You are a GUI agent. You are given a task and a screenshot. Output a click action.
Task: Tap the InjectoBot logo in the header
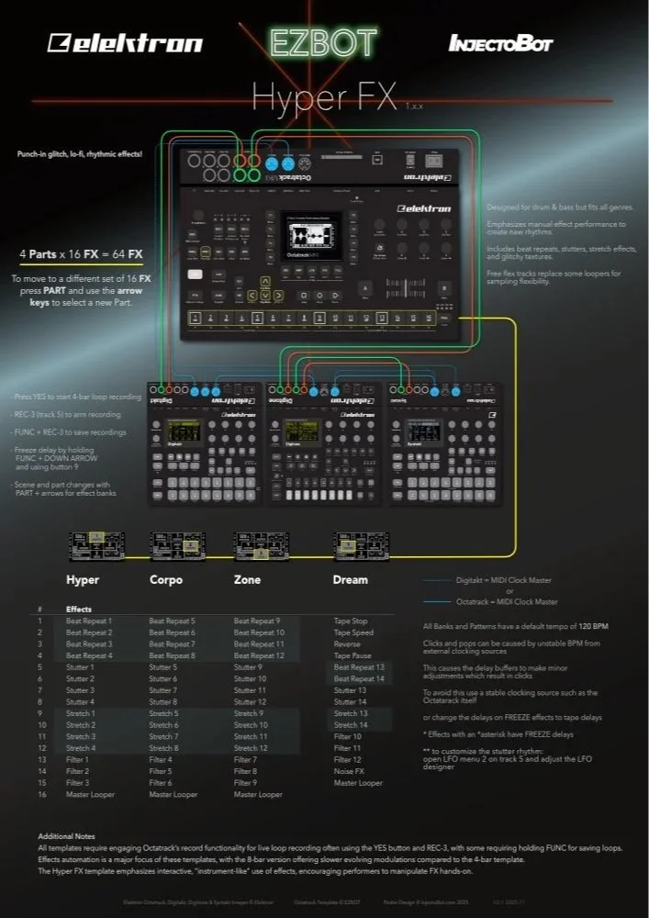click(500, 43)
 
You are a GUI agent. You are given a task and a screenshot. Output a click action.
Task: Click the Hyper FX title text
click(323, 96)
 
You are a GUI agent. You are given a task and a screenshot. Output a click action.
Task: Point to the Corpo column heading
click(166, 579)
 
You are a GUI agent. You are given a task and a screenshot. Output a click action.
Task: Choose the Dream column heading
click(350, 579)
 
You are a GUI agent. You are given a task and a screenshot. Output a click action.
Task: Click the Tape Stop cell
click(351, 621)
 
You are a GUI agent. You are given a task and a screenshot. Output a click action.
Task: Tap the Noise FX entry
click(349, 771)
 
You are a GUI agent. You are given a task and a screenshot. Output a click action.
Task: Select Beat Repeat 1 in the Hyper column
click(89, 621)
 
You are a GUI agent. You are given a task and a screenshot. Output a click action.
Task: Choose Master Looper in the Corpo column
click(173, 794)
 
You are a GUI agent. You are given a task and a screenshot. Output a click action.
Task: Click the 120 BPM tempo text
click(592, 626)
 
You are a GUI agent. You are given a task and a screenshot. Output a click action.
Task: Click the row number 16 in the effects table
click(40, 794)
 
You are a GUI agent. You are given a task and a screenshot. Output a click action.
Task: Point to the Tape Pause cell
click(352, 655)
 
